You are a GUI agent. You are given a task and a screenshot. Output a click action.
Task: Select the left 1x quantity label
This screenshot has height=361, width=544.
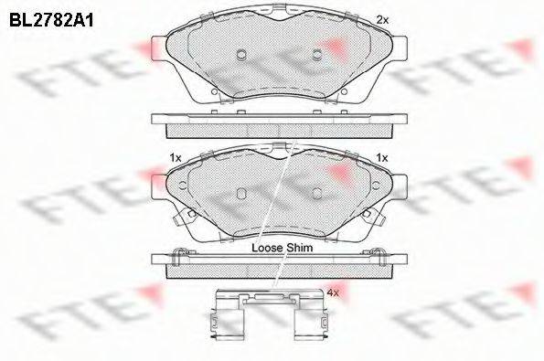pos(176,158)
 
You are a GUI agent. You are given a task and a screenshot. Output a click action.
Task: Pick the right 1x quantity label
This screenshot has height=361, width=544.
pos(383,158)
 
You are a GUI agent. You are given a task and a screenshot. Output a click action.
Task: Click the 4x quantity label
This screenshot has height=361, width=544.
pos(333,293)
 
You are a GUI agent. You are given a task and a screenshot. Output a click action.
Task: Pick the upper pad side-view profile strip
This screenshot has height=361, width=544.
pos(278,122)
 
